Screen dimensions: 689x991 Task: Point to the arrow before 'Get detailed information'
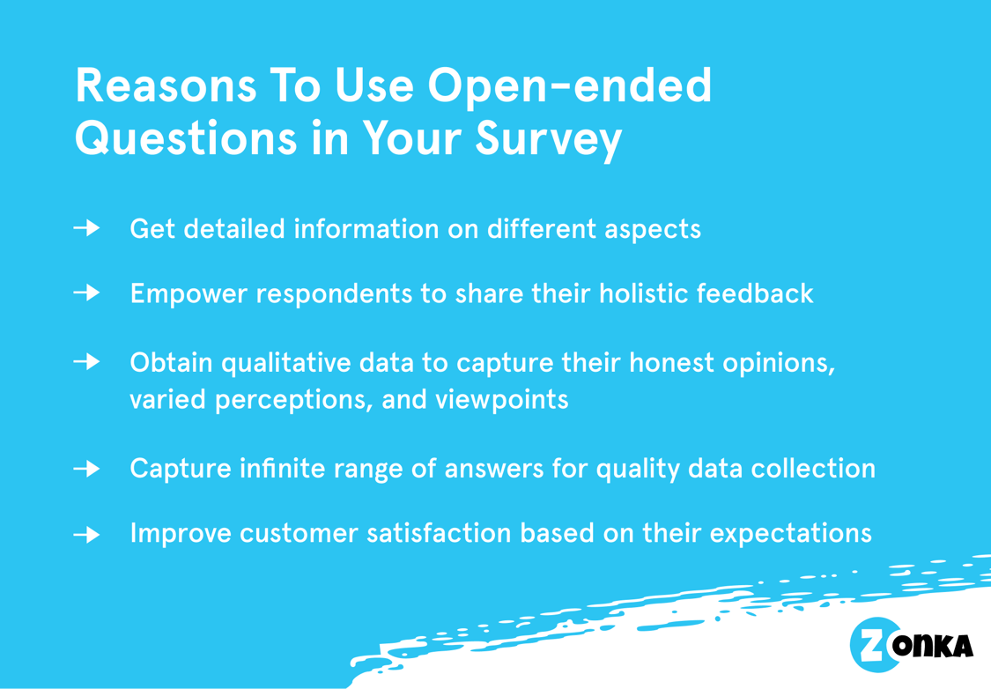click(86, 229)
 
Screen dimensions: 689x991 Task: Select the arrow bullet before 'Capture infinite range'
click(86, 469)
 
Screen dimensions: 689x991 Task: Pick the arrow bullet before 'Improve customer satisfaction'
click(86, 534)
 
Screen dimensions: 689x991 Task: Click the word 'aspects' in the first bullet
click(653, 230)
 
